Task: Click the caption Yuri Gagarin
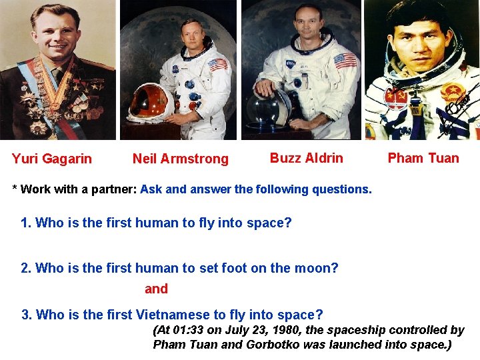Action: click(52, 159)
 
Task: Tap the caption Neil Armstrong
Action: click(180, 159)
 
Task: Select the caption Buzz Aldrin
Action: click(306, 158)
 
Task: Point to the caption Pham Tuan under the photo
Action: click(423, 158)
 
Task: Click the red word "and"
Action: click(156, 289)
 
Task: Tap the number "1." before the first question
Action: click(27, 223)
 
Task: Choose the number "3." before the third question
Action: click(27, 315)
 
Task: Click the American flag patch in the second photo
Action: click(217, 65)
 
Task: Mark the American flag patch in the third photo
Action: click(345, 61)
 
